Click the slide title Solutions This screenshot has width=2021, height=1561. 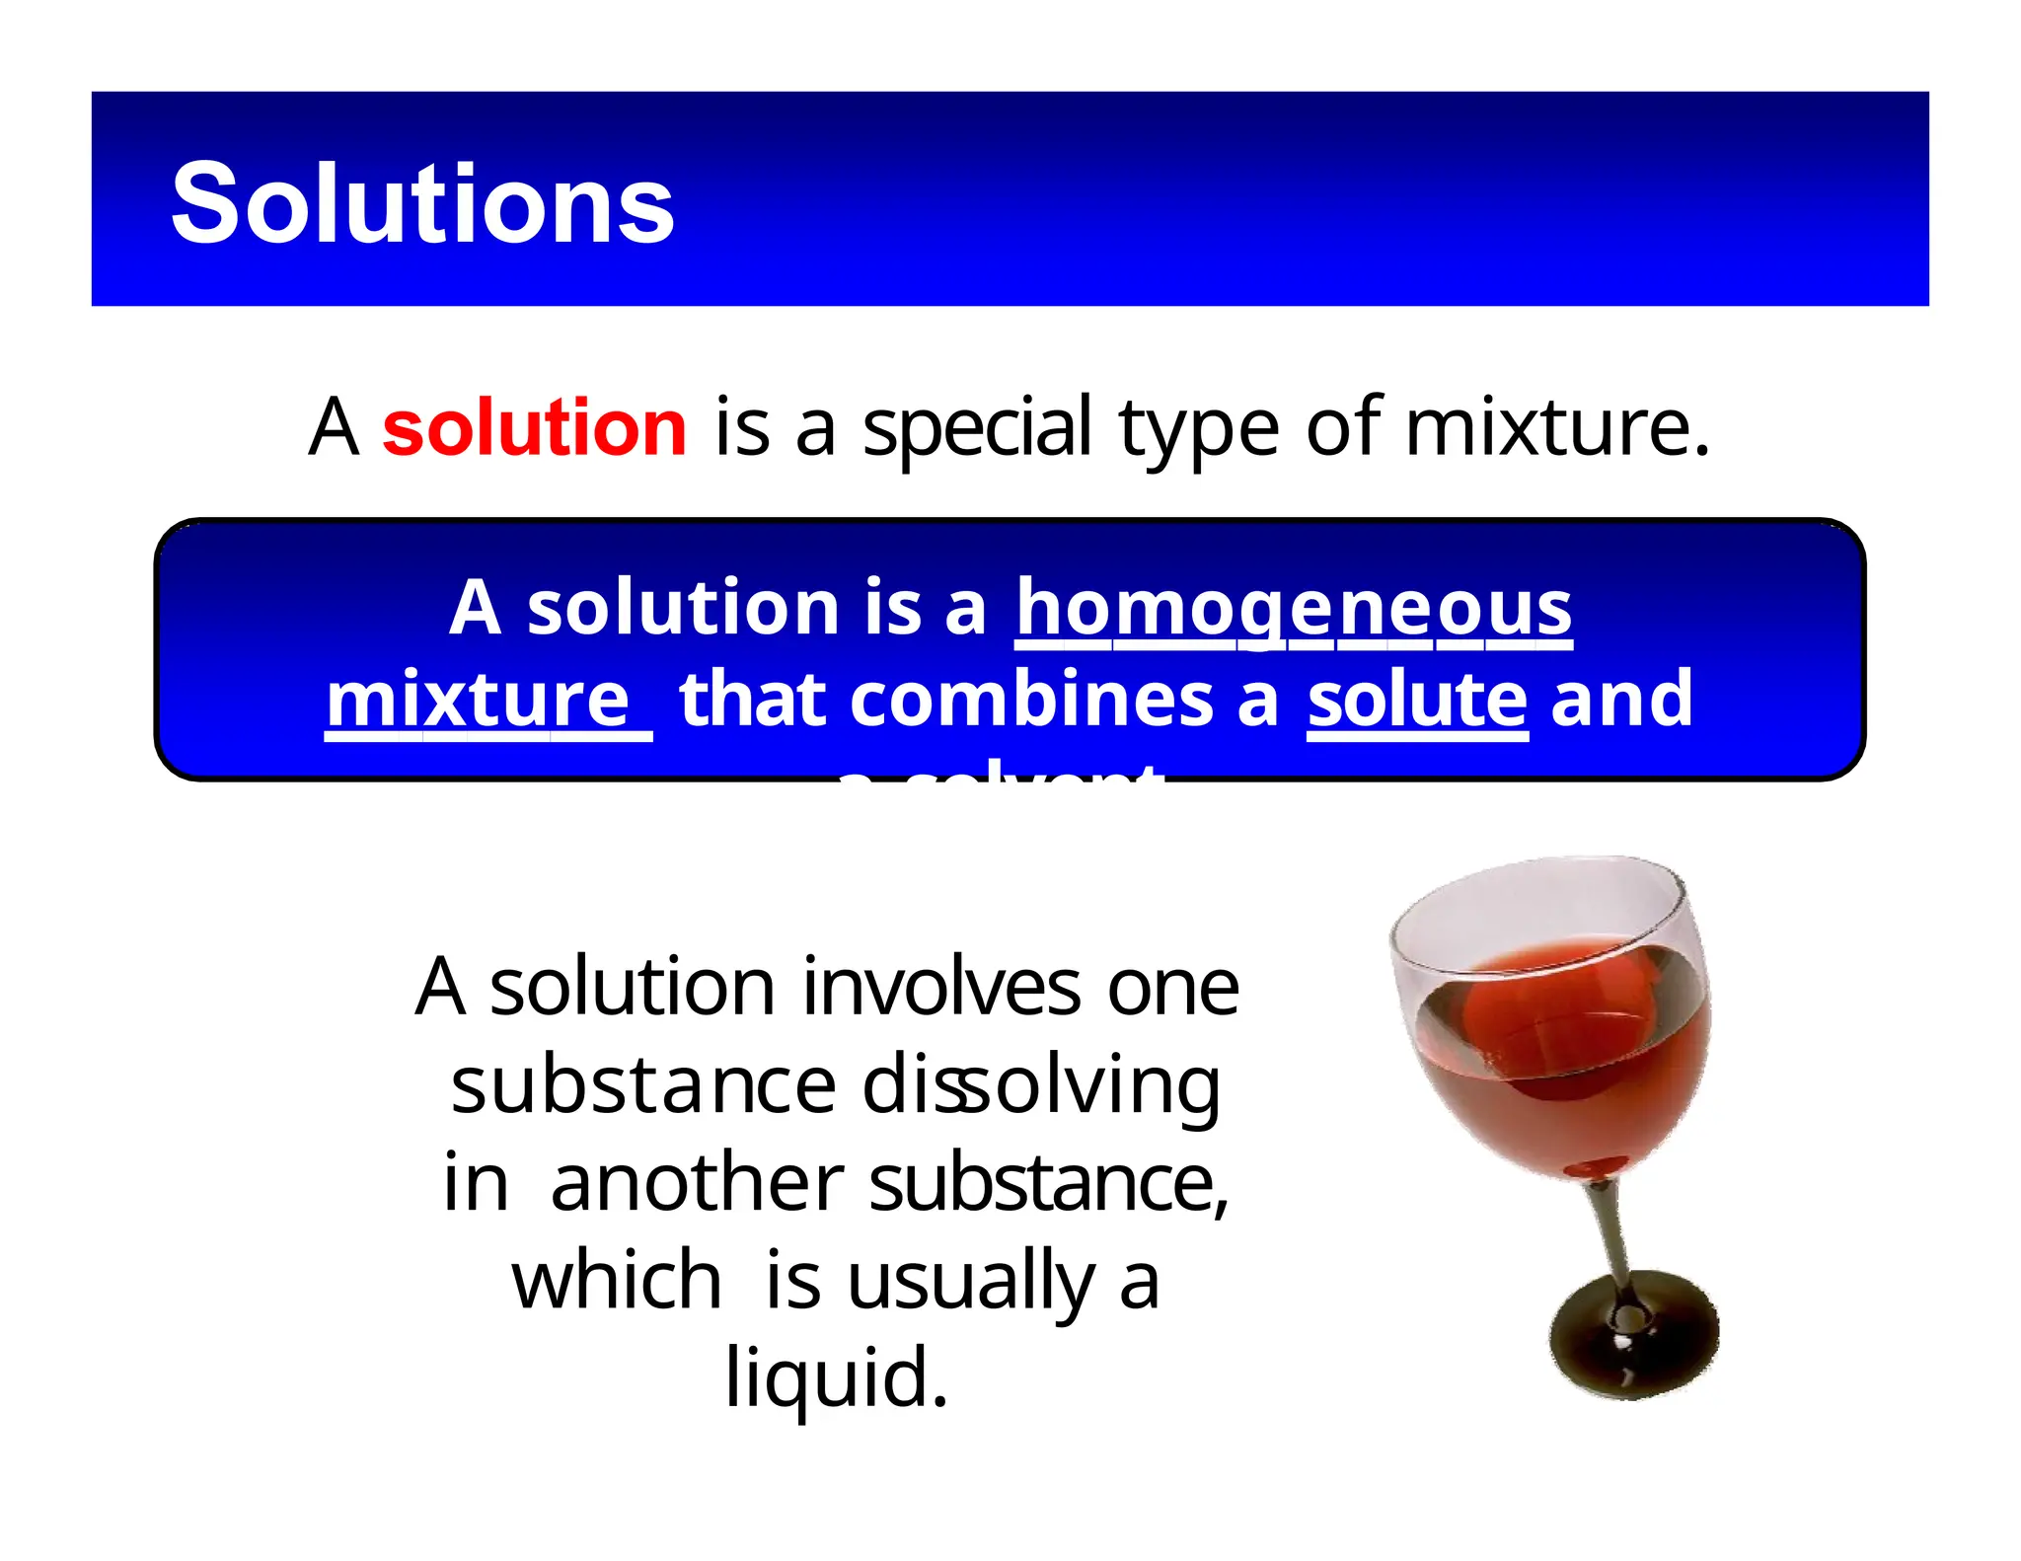(422, 203)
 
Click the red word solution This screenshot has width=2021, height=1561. (534, 427)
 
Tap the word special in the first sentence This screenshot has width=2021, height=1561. (977, 429)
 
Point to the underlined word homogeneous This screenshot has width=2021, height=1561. (1294, 608)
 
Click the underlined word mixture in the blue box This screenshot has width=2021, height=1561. (479, 700)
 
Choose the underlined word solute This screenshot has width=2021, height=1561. (1417, 700)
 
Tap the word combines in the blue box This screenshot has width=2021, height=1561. (1032, 700)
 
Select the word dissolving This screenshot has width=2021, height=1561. (1041, 1085)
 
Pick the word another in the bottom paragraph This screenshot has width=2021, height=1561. (697, 1183)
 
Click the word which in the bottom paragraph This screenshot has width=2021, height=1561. (617, 1281)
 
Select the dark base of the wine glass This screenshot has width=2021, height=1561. (1633, 1337)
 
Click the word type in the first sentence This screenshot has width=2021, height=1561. (1199, 429)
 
